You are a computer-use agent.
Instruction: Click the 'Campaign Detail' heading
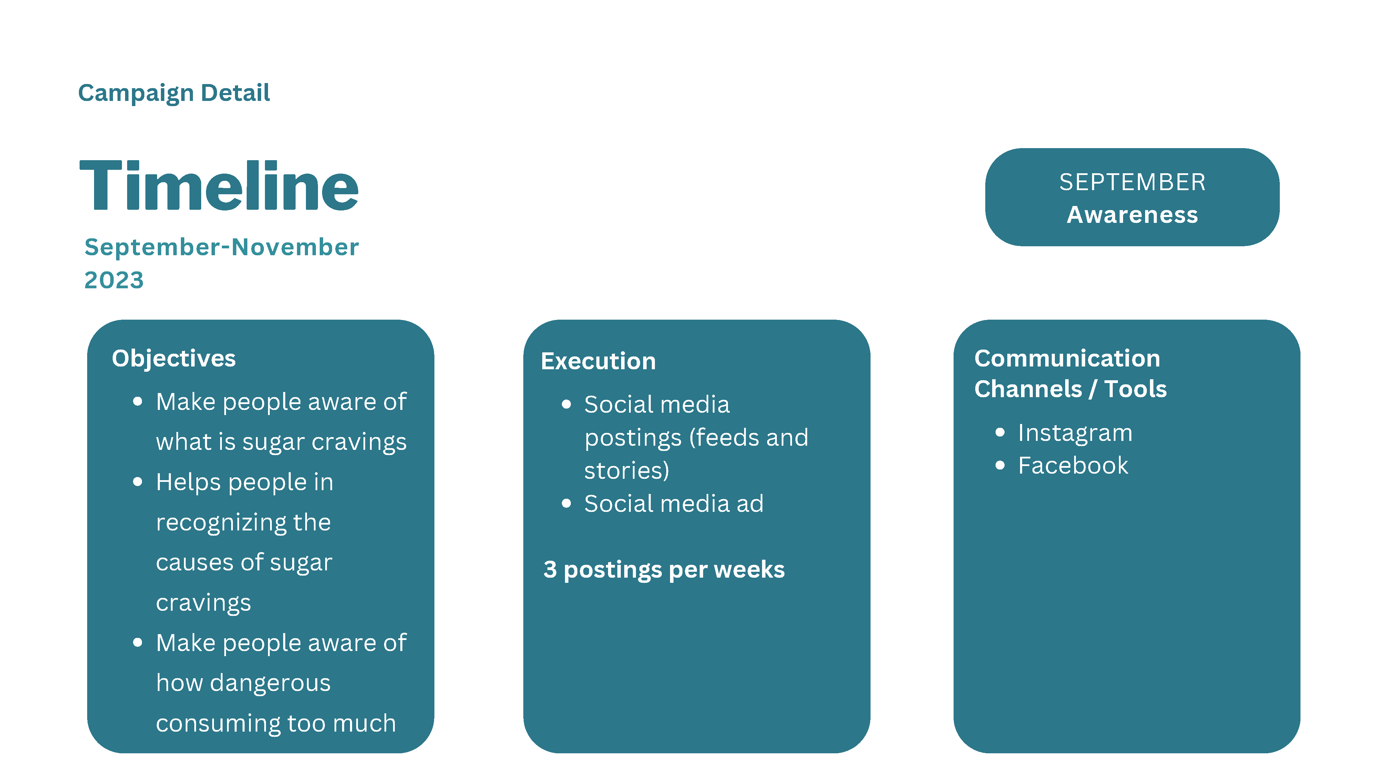coord(174,93)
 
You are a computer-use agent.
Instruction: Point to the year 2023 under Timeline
coord(114,280)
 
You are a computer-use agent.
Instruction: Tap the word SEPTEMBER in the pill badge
coord(1132,183)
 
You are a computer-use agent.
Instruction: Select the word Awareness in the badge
coord(1132,215)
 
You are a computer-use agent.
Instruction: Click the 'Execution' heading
coord(598,361)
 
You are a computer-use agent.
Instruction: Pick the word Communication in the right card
coord(1067,358)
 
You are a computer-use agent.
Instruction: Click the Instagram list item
coord(1075,433)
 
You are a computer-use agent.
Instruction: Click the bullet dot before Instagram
coord(1000,432)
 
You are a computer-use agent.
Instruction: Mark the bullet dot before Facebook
coord(1000,465)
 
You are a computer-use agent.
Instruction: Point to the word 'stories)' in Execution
coord(626,471)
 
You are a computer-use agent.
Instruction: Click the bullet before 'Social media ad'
coord(566,503)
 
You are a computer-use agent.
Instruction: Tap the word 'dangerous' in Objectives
coord(270,683)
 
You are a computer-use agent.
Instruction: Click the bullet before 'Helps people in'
coord(137,482)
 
